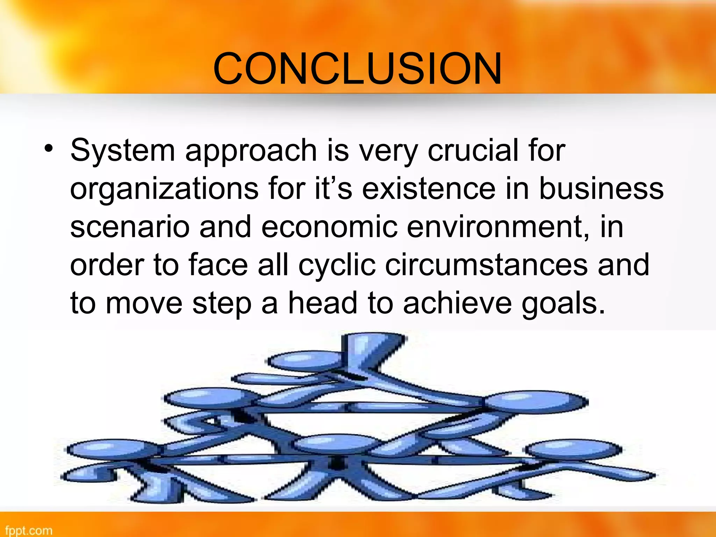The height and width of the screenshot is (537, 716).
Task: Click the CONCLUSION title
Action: click(357, 69)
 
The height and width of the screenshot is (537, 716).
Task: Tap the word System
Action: click(122, 151)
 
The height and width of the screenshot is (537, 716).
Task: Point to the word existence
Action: click(429, 189)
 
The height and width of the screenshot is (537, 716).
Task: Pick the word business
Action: click(601, 189)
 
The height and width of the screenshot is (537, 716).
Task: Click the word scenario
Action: click(130, 227)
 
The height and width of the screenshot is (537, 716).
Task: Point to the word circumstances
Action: click(486, 265)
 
